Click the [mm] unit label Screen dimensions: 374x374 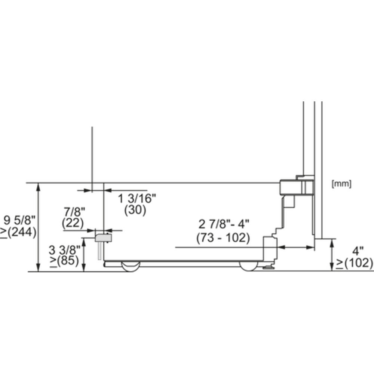click(x=341, y=184)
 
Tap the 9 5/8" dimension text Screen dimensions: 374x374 click(x=19, y=220)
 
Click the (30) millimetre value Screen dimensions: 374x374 click(x=135, y=210)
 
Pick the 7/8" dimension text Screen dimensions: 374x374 click(x=74, y=212)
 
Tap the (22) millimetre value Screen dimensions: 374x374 click(x=73, y=223)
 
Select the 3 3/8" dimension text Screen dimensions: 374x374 click(x=65, y=250)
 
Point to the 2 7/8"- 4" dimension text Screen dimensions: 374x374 click(x=224, y=224)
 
